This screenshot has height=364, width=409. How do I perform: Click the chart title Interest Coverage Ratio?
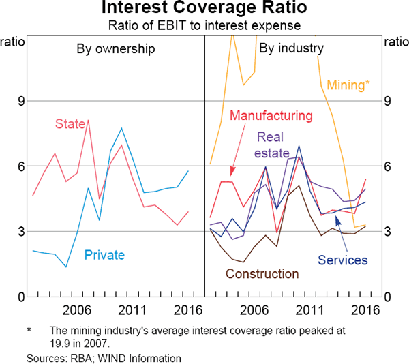point(204,10)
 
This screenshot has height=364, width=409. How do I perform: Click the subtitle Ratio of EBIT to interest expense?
point(204,26)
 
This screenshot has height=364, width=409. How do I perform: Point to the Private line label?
point(104,256)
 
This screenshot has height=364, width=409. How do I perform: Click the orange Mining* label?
point(348,86)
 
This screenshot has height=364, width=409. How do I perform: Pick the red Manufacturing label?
point(271,116)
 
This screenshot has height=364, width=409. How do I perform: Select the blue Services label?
point(342,260)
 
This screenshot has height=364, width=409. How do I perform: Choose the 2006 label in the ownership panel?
point(74,310)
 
